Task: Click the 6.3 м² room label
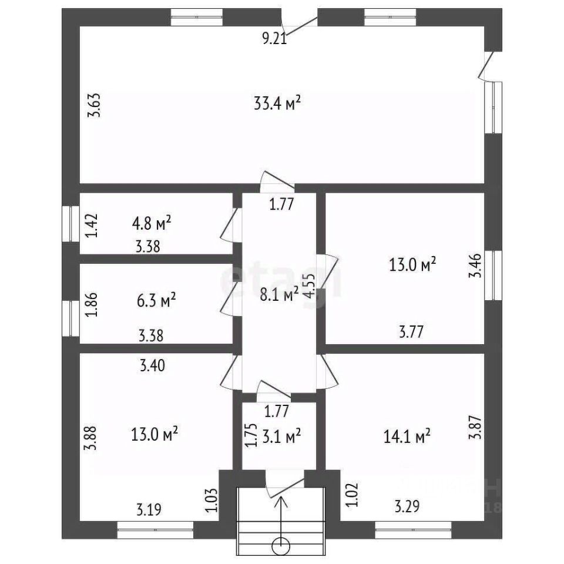[156, 301]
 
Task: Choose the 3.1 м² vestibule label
[282, 436]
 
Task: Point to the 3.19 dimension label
[149, 508]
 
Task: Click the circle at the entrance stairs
[281, 545]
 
